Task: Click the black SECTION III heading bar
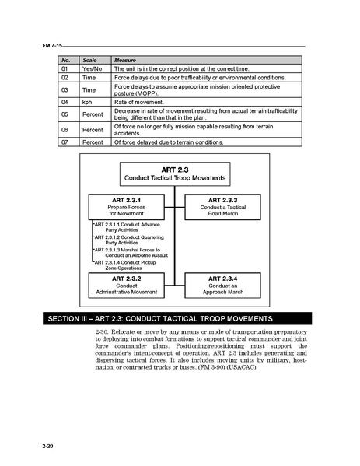pyautogui.click(x=180, y=318)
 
